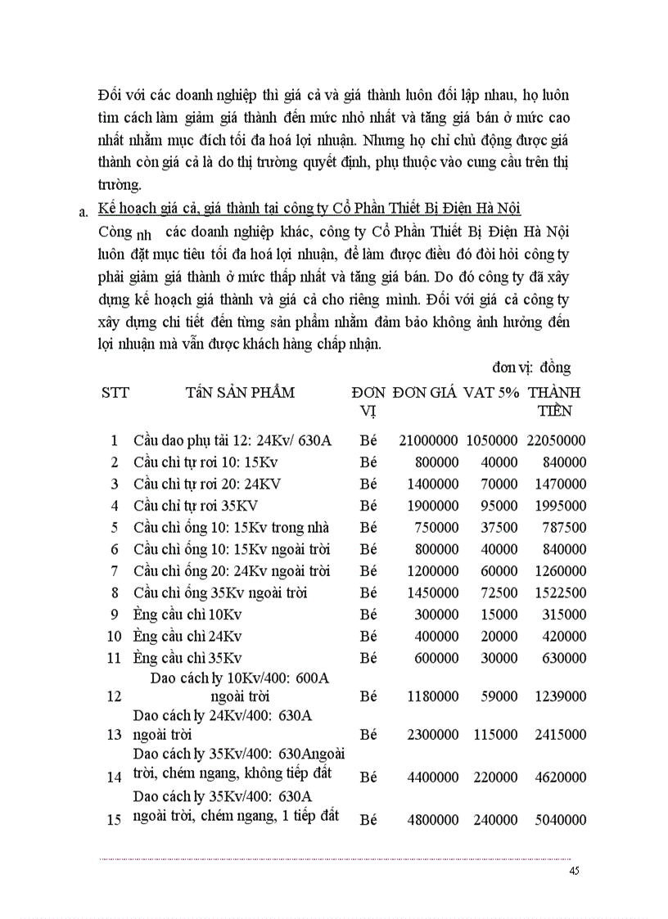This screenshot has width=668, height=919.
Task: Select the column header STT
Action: pos(115,392)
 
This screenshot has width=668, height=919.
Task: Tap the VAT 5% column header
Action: pos(491,392)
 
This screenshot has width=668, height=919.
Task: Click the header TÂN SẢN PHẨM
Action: pos(241,392)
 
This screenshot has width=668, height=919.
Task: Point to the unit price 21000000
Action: pos(429,440)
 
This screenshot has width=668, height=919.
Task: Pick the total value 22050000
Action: pos(556,440)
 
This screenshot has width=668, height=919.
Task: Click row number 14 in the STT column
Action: pos(115,777)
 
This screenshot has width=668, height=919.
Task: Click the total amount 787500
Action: pos(563,527)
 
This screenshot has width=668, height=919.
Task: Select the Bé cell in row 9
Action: pos(368,614)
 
